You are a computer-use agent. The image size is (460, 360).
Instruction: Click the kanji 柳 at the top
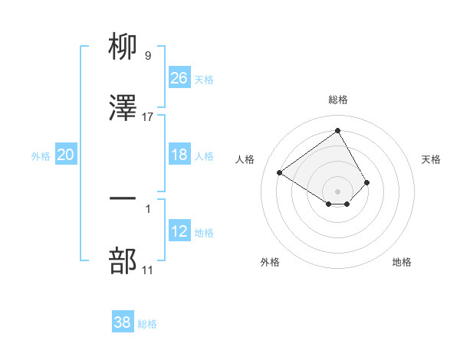click(x=123, y=47)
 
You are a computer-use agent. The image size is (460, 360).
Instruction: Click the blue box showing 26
click(x=179, y=77)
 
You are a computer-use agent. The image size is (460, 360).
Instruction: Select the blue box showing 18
click(x=179, y=155)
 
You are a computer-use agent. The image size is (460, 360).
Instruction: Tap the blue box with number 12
click(x=179, y=231)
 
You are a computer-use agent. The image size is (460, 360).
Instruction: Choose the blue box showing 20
click(x=66, y=155)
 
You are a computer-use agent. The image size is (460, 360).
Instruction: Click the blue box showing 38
click(x=123, y=322)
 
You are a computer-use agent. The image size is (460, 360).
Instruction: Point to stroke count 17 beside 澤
click(x=148, y=116)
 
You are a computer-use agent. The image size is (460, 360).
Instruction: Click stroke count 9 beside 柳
click(x=148, y=55)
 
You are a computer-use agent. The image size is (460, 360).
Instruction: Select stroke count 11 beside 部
click(x=148, y=270)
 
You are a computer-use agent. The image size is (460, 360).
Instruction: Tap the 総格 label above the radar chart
click(x=338, y=100)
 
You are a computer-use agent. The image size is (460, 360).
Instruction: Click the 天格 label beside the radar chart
click(x=431, y=159)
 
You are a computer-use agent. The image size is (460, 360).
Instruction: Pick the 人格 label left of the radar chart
click(x=245, y=159)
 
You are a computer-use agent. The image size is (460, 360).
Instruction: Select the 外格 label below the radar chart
click(x=270, y=262)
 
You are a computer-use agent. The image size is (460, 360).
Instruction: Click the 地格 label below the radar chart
click(x=402, y=262)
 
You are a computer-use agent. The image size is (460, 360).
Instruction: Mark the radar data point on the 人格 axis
click(x=280, y=172)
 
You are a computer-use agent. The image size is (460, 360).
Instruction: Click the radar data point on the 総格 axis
click(x=338, y=130)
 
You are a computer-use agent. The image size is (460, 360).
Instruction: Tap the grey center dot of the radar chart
click(x=338, y=191)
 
